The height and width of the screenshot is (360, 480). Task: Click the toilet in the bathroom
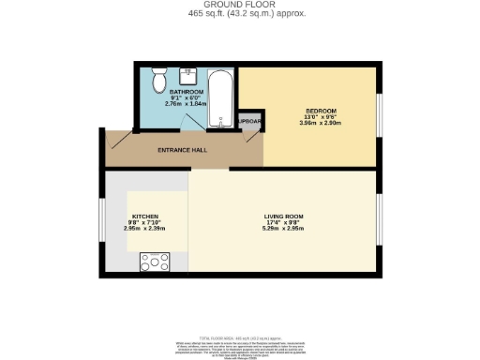(158, 73)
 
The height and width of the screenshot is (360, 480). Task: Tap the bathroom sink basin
(187, 74)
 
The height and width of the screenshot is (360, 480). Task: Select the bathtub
(223, 98)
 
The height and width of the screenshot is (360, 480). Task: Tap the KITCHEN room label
(145, 216)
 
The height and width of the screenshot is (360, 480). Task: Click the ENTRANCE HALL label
(181, 150)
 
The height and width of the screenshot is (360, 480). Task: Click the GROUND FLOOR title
(239, 6)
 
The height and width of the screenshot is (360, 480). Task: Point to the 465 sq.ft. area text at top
(239, 14)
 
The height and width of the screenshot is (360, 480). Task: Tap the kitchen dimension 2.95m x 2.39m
(145, 229)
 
